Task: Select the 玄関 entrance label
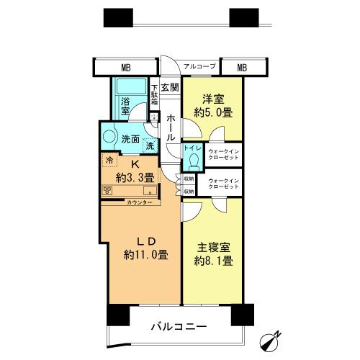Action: pyautogui.click(x=169, y=88)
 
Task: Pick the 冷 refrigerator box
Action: pyautogui.click(x=109, y=161)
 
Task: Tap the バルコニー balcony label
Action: pyautogui.click(x=178, y=326)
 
